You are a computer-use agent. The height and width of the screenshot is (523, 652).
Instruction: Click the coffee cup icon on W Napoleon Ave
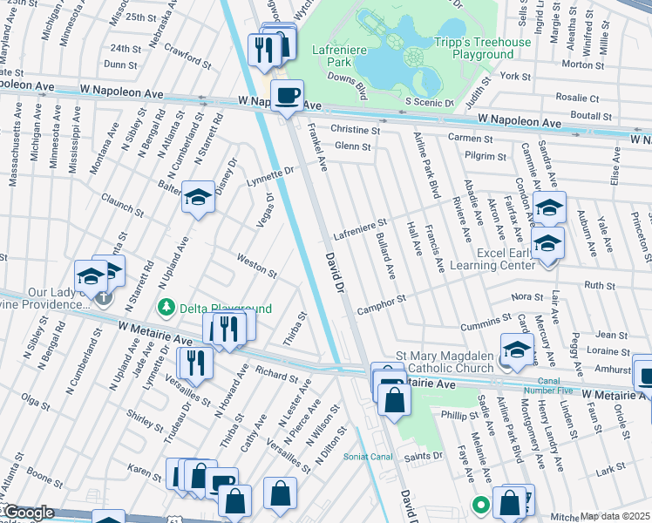pyautogui.click(x=287, y=96)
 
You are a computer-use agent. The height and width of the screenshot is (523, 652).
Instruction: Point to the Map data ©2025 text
pyautogui.click(x=615, y=516)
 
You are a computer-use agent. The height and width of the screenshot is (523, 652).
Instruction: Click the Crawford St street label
pyautogui.click(x=183, y=54)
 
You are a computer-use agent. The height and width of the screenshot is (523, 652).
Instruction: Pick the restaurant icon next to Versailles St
pyautogui.click(x=195, y=363)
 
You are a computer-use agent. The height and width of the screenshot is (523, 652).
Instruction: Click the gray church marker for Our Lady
pyautogui.click(x=104, y=298)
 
